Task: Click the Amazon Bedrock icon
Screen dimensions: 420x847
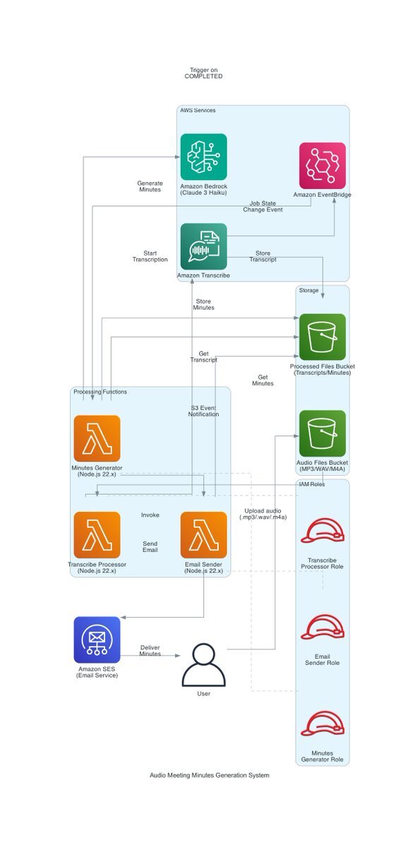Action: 203,157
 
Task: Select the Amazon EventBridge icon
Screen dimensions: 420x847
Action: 322,166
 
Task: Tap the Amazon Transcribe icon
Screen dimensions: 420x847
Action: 203,246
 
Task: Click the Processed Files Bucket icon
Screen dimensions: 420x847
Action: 322,337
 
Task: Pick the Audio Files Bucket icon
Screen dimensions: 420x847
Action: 322,433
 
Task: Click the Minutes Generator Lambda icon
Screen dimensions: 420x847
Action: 97,438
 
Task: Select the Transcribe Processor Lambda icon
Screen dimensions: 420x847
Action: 97,535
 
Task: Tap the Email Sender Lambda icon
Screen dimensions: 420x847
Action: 203,535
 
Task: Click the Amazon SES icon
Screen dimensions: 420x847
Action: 97,639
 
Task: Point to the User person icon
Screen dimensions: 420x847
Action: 203,664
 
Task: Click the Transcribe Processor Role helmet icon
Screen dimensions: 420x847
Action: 322,531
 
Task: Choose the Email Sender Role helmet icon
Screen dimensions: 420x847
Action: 322,627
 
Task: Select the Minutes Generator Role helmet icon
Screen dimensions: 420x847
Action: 322,723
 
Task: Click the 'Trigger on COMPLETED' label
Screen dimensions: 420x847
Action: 203,73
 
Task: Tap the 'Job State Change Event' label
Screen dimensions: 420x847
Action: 263,206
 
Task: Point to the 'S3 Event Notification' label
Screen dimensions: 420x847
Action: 203,411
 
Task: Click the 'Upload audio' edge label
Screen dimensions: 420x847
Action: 263,511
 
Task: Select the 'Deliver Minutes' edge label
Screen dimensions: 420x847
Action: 150,650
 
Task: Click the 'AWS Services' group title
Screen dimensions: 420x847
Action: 198,110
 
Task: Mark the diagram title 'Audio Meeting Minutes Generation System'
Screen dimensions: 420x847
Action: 210,775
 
